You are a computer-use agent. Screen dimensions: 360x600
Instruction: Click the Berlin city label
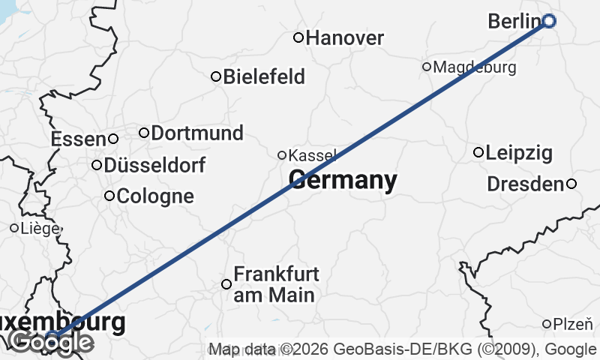(x=514, y=22)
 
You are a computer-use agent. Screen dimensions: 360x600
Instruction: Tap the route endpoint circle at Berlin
(x=549, y=21)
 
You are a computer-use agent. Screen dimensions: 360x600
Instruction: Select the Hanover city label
(x=345, y=37)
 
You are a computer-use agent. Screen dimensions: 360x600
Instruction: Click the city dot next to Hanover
(x=298, y=37)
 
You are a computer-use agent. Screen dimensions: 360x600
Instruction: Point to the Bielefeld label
(x=264, y=76)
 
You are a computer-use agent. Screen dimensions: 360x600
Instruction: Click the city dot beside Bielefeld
(x=216, y=76)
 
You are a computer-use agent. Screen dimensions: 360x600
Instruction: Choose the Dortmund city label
(x=197, y=133)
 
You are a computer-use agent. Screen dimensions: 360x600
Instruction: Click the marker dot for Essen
(x=113, y=138)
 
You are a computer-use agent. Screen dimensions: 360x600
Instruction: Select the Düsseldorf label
(x=155, y=165)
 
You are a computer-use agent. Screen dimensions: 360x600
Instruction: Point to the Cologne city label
(x=156, y=196)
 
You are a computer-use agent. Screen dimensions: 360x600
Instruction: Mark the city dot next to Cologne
(x=109, y=196)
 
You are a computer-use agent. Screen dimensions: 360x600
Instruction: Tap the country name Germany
(x=343, y=181)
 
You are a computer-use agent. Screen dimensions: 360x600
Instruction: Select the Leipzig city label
(x=519, y=154)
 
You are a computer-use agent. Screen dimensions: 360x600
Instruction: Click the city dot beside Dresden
(x=571, y=184)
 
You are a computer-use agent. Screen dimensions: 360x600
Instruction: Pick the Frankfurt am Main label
(x=274, y=284)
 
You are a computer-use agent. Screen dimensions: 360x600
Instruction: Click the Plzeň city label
(x=573, y=325)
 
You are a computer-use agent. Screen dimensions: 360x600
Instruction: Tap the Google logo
(x=51, y=343)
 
